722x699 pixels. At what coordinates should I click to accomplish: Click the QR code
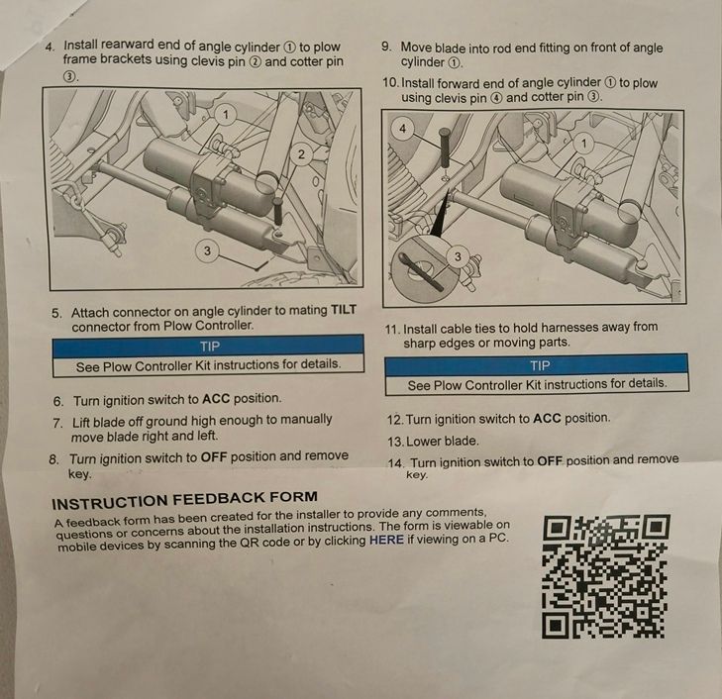[604, 576]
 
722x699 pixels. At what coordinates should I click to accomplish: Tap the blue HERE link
[386, 540]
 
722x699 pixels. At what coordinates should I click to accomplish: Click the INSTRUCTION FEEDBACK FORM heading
[184, 500]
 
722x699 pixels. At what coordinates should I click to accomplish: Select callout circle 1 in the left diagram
[225, 115]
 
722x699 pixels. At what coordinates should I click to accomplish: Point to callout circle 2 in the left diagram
[301, 154]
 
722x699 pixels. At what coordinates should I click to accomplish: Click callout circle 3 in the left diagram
[207, 250]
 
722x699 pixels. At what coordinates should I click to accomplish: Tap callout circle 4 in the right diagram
[403, 129]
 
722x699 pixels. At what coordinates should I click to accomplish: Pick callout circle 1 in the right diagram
[584, 144]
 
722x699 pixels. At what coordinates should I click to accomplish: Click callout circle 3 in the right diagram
[458, 256]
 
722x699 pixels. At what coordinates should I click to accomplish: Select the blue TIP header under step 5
[208, 347]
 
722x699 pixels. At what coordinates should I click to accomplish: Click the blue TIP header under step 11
[537, 365]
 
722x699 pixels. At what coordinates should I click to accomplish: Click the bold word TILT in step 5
[344, 310]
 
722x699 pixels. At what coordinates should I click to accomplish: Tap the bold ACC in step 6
[216, 398]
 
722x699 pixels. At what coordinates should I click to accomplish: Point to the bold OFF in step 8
[214, 457]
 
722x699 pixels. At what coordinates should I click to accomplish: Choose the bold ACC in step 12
[547, 418]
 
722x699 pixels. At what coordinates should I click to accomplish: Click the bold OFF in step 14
[550, 461]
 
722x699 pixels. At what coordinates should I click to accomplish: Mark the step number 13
[395, 442]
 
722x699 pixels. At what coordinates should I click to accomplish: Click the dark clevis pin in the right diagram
[445, 149]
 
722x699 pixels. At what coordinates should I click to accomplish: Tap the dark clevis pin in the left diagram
[278, 211]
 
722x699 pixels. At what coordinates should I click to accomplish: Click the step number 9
[386, 47]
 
